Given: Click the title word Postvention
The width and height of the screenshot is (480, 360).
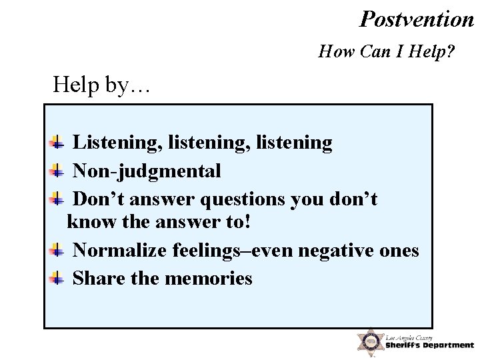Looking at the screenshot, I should tap(417, 19).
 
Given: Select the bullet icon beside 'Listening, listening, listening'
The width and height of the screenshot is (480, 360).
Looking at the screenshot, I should tap(57, 142).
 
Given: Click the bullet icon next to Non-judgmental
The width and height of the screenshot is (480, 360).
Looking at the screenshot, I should tap(57, 171).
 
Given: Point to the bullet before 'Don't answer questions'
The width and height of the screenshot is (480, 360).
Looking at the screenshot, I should tap(57, 199).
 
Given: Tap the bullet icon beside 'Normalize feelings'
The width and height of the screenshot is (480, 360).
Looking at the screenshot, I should tap(57, 250).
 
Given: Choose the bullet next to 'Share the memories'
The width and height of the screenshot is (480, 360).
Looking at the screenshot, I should tap(57, 278).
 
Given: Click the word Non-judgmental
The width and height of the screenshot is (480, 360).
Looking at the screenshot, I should tap(147, 171).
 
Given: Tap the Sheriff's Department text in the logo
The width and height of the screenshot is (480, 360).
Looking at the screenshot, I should tap(429, 345).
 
